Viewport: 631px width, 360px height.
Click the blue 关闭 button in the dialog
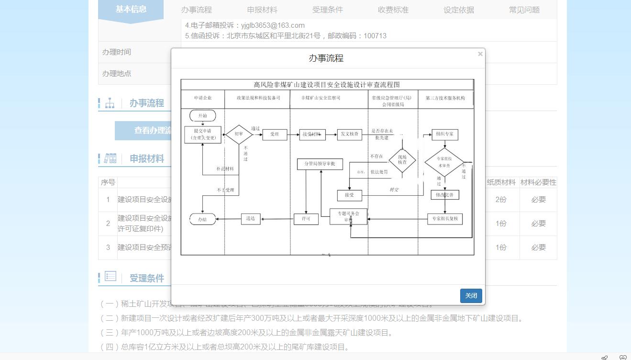click(x=471, y=296)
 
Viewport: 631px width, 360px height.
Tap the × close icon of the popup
click(x=480, y=54)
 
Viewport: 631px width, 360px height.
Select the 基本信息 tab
click(x=131, y=10)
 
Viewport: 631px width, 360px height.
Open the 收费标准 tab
click(x=393, y=10)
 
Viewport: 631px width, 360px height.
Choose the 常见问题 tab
click(x=524, y=10)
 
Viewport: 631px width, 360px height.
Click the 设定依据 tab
click(x=458, y=10)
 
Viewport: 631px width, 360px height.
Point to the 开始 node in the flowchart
click(x=202, y=116)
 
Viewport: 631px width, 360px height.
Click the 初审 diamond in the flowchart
click(x=239, y=135)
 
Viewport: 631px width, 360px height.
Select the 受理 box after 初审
click(x=274, y=135)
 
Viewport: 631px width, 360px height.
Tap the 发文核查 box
click(x=349, y=134)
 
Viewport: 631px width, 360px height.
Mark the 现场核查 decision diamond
click(x=402, y=160)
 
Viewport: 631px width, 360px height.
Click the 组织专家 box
click(x=444, y=134)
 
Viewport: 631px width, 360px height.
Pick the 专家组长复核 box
click(x=444, y=219)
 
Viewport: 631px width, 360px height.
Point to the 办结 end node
click(x=202, y=219)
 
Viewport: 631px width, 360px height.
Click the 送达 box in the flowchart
click(x=250, y=219)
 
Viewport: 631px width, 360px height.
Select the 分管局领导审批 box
click(x=320, y=164)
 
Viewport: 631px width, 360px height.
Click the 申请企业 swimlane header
click(x=202, y=98)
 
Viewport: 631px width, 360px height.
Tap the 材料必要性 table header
click(x=538, y=182)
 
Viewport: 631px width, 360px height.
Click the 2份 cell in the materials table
click(x=501, y=200)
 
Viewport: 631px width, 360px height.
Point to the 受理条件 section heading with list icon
click(x=146, y=278)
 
